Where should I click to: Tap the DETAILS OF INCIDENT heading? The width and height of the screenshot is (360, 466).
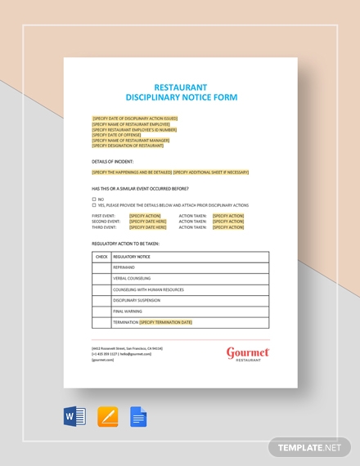112,162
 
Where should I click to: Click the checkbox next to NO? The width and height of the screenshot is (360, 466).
94,199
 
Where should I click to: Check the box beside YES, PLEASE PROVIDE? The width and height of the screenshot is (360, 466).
94,205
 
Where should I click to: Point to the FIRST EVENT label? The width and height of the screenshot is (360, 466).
106,216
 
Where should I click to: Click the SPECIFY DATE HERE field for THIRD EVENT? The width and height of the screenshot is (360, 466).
147,227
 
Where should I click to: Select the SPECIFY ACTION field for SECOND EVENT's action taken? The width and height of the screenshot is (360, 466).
228,222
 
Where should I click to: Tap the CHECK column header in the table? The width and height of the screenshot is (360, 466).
101,257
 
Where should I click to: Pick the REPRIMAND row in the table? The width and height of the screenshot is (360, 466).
124,267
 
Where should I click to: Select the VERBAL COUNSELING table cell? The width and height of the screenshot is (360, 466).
132,279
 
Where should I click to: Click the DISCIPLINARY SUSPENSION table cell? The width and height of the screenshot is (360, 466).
138,300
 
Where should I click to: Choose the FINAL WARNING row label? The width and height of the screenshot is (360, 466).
128,311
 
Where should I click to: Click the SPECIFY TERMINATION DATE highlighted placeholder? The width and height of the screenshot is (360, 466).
166,322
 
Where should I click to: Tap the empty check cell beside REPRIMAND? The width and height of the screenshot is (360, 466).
101,267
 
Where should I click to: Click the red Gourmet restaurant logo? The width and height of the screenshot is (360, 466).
248,353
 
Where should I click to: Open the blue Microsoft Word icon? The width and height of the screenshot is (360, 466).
74,417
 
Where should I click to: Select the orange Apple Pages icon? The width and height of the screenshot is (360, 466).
107,417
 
